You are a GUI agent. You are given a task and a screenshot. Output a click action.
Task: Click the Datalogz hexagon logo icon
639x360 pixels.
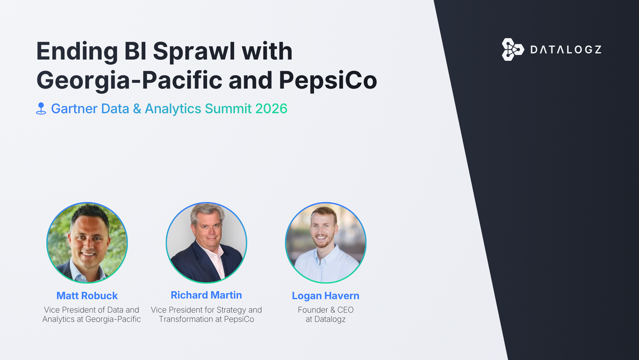pos(513,50)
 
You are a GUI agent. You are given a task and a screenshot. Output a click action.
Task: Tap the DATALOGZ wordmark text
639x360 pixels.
pos(566,50)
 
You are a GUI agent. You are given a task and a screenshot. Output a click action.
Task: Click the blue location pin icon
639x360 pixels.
pos(41,109)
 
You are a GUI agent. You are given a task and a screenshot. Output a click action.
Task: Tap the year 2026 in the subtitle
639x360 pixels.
pos(271,109)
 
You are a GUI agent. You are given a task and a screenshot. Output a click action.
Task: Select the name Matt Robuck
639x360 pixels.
pos(87,296)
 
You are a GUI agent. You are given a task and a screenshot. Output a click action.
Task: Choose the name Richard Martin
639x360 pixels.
pos(206,295)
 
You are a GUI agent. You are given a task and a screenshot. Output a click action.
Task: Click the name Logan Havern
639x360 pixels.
pos(325,296)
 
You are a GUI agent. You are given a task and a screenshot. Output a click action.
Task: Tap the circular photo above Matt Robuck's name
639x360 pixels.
pos(87,243)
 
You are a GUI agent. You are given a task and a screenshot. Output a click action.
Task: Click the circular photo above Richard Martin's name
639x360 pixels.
pos(206,243)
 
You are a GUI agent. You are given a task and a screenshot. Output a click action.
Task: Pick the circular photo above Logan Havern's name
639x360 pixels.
pos(325,243)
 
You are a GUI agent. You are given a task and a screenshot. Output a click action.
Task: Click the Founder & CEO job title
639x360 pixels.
pos(325,310)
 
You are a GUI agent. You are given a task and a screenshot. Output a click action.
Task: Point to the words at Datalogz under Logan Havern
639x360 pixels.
pos(325,320)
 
